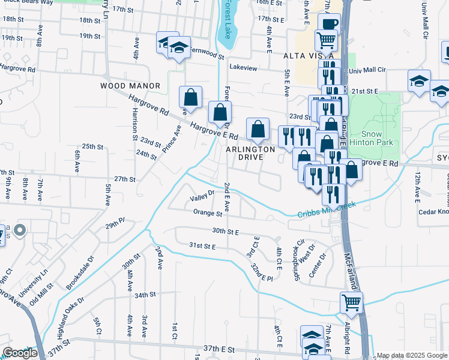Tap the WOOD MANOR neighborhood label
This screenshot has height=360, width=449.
coord(130,86)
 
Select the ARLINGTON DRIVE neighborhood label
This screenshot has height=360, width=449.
coord(251,152)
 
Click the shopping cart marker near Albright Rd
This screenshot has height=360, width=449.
coord(351,303)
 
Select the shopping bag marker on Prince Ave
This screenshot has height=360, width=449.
coord(190,97)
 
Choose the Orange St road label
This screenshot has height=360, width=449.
coord(208,212)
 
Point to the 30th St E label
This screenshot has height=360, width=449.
coord(225,231)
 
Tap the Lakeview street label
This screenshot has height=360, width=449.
coord(243,68)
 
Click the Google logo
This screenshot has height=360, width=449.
coord(20,353)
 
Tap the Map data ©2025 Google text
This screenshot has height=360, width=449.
coord(412,355)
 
